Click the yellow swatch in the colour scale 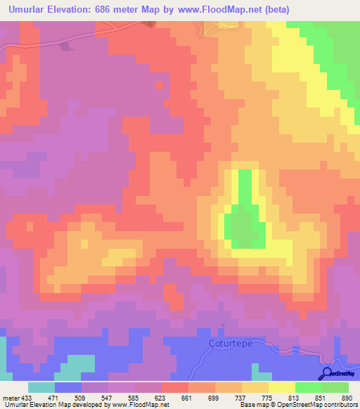[x=281, y=387]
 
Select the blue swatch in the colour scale [x=68, y=387]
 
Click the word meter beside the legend [x=11, y=397]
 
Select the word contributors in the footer [x=339, y=405]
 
